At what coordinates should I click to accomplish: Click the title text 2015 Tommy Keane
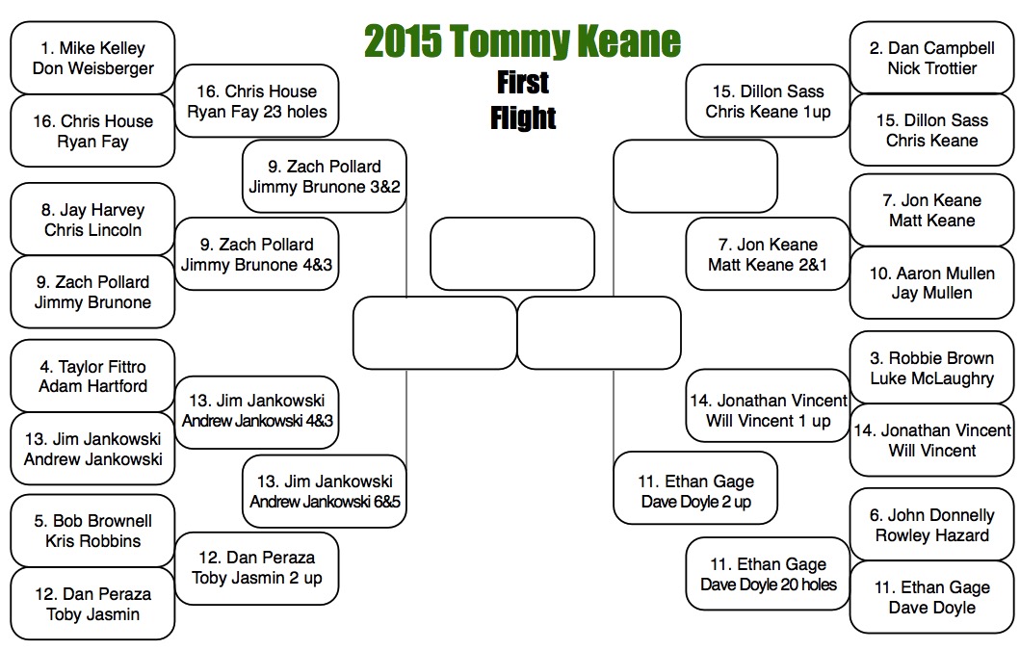pos(522,41)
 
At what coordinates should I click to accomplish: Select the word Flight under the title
pos(523,117)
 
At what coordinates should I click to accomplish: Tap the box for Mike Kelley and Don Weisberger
pos(92,58)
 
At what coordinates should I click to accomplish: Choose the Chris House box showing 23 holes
pos(256,101)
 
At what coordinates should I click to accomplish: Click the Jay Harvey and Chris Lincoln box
pos(92,220)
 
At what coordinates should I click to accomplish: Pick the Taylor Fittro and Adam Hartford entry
pos(92,376)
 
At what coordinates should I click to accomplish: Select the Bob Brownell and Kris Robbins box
pos(92,531)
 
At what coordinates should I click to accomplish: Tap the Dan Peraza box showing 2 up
pos(256,568)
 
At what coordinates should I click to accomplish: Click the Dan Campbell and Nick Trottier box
pos(931,58)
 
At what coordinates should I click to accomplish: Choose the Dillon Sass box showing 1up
pos(768,101)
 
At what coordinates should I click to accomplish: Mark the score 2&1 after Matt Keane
pos(808,265)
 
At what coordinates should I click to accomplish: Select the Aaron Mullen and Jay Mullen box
pos(931,283)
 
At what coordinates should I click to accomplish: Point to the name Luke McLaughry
pos(931,378)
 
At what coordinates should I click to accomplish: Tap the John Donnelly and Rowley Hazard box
pos(931,525)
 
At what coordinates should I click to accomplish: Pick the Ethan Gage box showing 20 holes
pos(768,574)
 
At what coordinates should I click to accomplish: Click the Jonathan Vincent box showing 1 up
pos(768,411)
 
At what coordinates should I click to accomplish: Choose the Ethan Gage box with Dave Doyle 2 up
pos(695,491)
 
